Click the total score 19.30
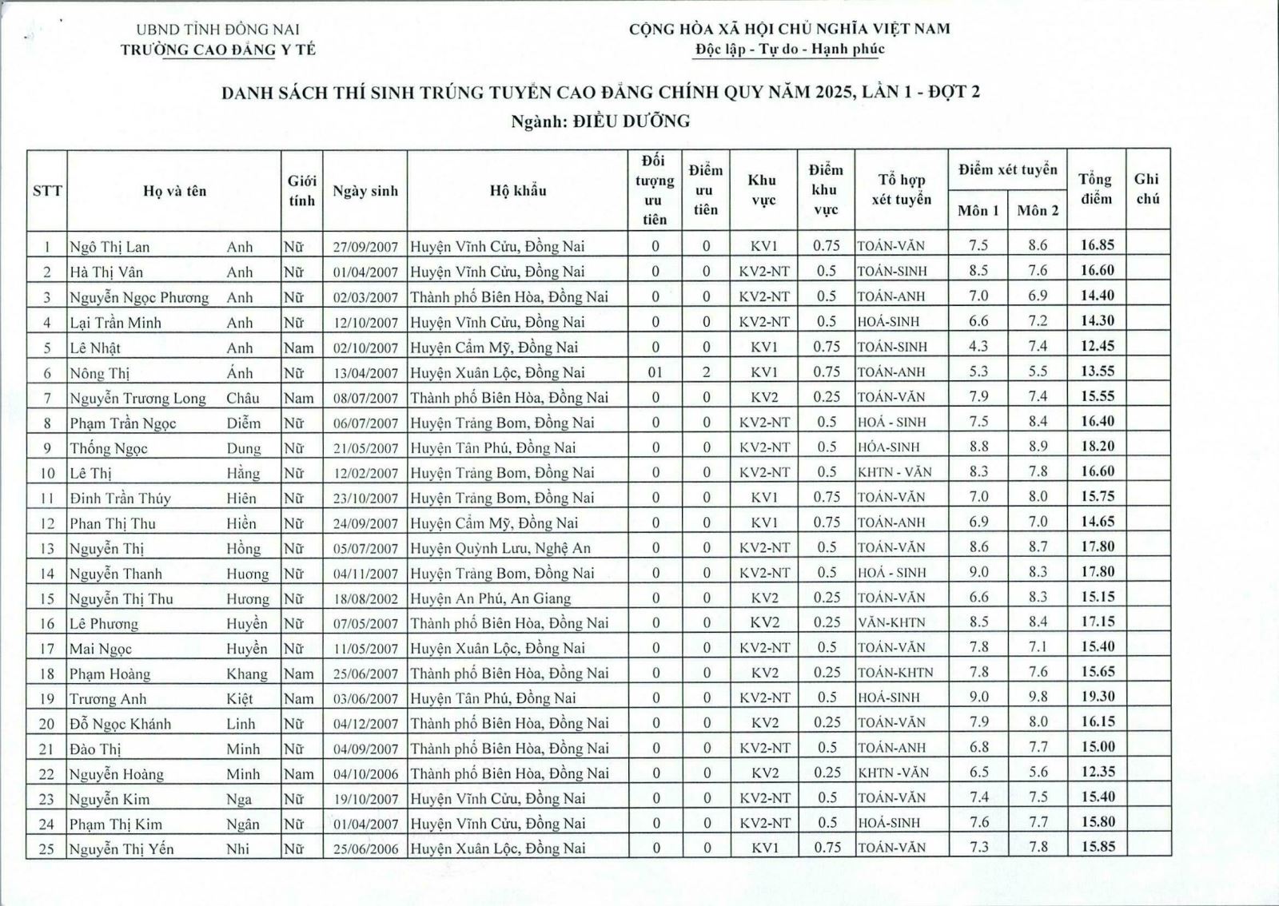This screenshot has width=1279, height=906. coord(1097,697)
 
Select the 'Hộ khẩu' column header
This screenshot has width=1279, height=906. coord(518,190)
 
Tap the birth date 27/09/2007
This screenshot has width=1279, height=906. coord(365,247)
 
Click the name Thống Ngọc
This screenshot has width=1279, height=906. coord(109,448)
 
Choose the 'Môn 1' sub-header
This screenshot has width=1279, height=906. coord(978,211)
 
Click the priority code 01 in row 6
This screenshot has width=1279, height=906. coord(655,372)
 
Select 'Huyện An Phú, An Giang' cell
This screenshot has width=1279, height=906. coord(490,598)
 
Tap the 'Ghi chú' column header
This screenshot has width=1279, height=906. coord(1146,189)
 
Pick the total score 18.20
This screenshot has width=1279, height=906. coord(1097,446)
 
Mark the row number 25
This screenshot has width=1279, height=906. coord(46,848)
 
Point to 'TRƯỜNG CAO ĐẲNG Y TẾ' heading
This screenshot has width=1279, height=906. coord(218,50)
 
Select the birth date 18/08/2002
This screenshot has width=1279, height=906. coord(365,598)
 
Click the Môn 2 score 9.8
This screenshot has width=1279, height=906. coord(1037,697)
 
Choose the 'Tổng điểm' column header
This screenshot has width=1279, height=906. coord(1095,189)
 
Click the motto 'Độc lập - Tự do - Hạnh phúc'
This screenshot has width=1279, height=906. coord(789,50)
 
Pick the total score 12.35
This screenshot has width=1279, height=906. coord(1097,772)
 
